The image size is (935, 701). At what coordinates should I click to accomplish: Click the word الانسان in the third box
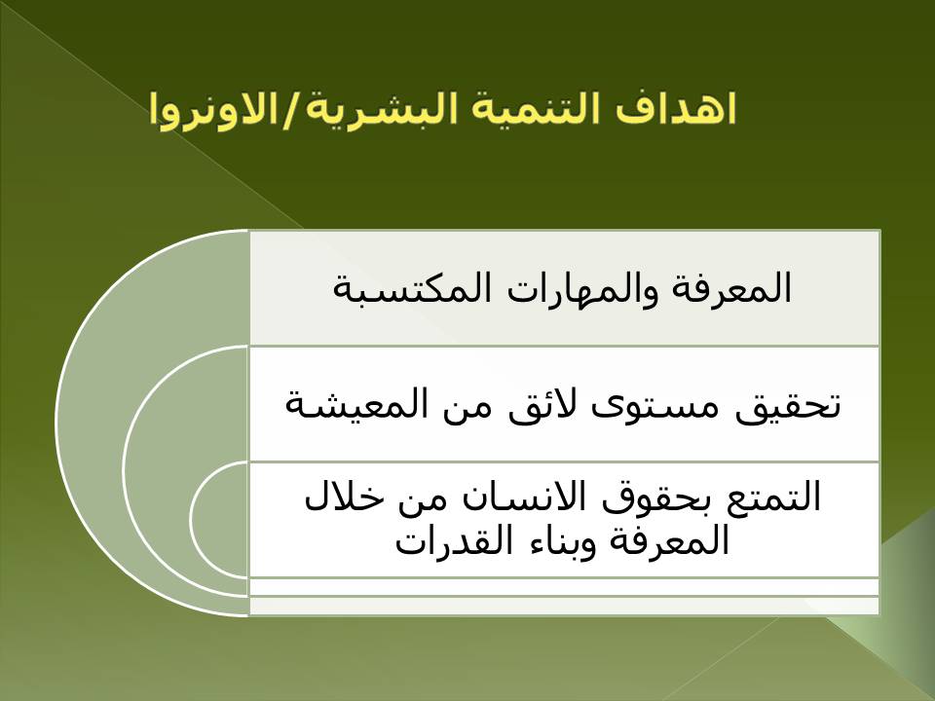click(524, 498)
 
